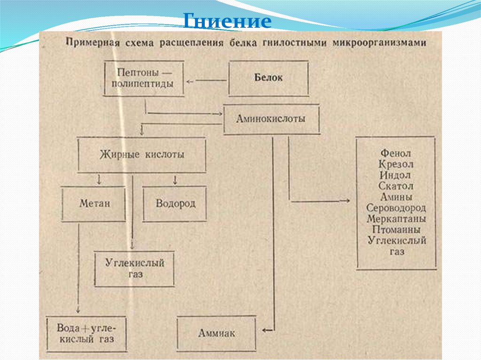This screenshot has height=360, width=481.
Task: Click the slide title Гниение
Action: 226,21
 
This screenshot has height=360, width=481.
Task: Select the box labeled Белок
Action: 269,78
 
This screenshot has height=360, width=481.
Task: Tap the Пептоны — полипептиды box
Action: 144,78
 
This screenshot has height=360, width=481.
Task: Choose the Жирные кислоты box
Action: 142,154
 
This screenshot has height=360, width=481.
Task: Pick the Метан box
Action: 94,204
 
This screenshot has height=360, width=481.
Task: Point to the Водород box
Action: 175,204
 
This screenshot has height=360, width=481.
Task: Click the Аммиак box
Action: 217,333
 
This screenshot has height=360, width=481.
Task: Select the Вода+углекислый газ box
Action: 87,333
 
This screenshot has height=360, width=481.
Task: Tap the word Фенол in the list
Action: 396,153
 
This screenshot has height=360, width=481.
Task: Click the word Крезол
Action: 396,164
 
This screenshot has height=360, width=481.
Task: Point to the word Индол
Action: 396,175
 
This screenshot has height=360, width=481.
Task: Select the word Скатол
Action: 396,186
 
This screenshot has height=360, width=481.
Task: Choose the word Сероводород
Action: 396,208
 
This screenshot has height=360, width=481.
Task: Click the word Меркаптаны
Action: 396,219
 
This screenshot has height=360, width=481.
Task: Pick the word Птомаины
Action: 396,230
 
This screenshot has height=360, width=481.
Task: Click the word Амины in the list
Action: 396,197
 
